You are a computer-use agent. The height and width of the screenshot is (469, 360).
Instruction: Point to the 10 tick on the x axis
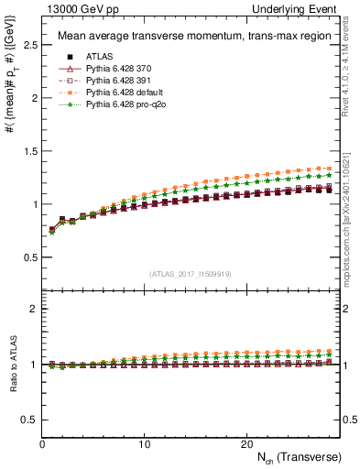pyautogui.click(x=144, y=443)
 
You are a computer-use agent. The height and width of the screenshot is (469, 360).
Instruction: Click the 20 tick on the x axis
pyautogui.click(x=245, y=443)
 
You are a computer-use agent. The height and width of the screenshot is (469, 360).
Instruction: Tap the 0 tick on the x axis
pyautogui.click(x=42, y=443)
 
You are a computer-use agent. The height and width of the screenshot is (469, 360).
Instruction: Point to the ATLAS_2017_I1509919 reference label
pyautogui.click(x=191, y=273)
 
